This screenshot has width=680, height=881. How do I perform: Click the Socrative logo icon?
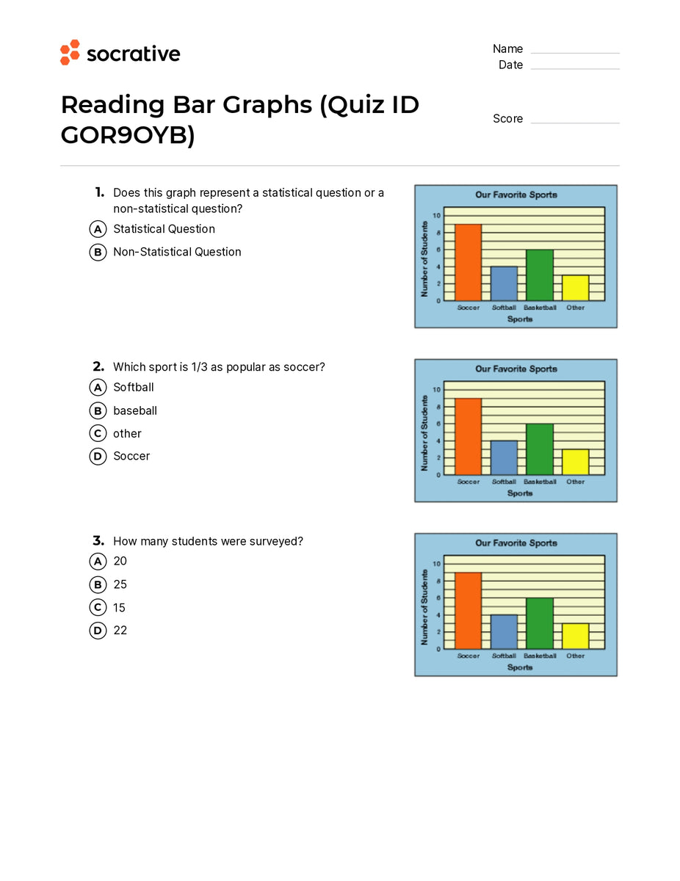(x=70, y=52)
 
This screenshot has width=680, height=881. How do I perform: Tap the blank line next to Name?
(x=575, y=50)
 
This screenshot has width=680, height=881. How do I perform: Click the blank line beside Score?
(x=575, y=120)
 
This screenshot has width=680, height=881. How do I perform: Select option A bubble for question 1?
(x=98, y=229)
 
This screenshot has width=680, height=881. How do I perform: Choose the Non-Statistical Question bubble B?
(x=98, y=252)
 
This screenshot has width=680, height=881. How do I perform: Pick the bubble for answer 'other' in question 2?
(x=98, y=433)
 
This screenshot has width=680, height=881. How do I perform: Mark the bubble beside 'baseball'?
(x=98, y=410)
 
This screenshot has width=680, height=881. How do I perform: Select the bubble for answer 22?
(x=98, y=630)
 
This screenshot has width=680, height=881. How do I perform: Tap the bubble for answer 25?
(x=98, y=584)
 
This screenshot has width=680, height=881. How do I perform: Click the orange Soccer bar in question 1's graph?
(x=468, y=262)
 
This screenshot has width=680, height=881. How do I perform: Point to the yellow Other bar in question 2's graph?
(x=576, y=462)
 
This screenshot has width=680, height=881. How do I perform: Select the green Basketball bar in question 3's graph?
(x=540, y=623)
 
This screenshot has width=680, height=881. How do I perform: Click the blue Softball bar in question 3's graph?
(x=504, y=631)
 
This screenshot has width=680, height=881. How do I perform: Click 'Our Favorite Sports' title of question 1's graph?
(x=516, y=195)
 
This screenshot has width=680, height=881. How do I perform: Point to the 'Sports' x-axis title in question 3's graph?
(x=520, y=667)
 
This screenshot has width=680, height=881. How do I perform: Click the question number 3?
(x=98, y=541)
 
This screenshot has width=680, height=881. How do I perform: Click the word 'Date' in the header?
(x=510, y=65)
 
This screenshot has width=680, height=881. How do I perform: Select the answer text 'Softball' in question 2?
(x=134, y=387)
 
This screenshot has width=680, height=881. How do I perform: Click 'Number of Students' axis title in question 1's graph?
(x=424, y=258)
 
